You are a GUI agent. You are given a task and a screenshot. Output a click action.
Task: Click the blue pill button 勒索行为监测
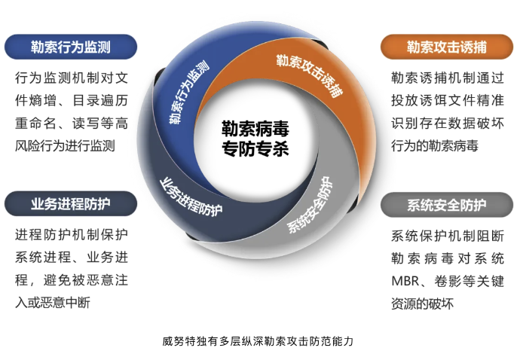pyautogui.click(x=71, y=47)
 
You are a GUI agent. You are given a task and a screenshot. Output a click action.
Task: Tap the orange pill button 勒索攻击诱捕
pyautogui.click(x=447, y=47)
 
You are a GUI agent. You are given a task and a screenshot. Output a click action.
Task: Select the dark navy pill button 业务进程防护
pyautogui.click(x=71, y=203)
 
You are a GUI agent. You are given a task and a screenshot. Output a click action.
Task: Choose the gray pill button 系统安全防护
pyautogui.click(x=447, y=205)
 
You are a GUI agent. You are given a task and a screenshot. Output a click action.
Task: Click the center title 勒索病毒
pyautogui.click(x=255, y=129)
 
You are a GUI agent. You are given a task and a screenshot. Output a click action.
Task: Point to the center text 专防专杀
pyautogui.click(x=255, y=148)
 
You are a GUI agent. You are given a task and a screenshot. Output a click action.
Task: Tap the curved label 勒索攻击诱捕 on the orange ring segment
pyautogui.click(x=310, y=75)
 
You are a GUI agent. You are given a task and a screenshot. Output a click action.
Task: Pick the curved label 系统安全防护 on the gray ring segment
pyautogui.click(x=310, y=205)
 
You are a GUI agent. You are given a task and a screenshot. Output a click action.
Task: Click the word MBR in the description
pyautogui.click(x=405, y=281)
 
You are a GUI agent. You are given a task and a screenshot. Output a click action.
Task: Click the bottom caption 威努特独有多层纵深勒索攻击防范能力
pyautogui.click(x=258, y=341)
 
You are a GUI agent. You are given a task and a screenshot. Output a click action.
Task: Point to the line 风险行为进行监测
pyautogui.click(x=65, y=145)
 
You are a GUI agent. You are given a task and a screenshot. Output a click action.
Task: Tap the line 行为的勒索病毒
pyautogui.click(x=435, y=145)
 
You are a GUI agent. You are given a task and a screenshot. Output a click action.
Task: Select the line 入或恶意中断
pyautogui.click(x=53, y=302)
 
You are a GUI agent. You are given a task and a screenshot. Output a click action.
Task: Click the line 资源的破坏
pyautogui.click(x=422, y=304)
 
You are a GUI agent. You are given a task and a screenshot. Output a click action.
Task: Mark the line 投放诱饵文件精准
pyautogui.click(x=448, y=100)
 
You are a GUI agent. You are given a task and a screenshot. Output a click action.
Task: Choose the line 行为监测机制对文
pyautogui.click(x=72, y=78)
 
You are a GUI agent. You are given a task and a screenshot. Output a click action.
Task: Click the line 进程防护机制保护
pyautogui.click(x=72, y=234)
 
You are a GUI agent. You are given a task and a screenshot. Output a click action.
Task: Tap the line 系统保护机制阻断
pyautogui.click(x=448, y=236)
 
